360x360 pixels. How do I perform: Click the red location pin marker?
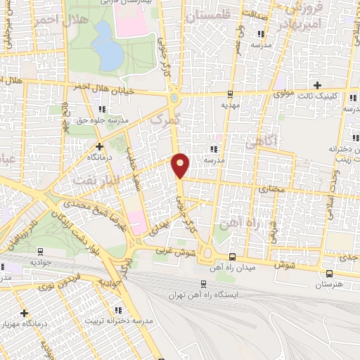(181, 165)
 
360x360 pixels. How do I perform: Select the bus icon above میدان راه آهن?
(233, 257)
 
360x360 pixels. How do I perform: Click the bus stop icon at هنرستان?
(330, 273)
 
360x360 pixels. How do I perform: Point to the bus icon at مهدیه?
(230, 94)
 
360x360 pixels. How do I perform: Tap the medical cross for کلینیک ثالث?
(318, 84)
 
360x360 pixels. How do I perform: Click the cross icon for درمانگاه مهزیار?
(25, 312)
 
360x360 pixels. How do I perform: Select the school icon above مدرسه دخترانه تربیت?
(118, 309)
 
